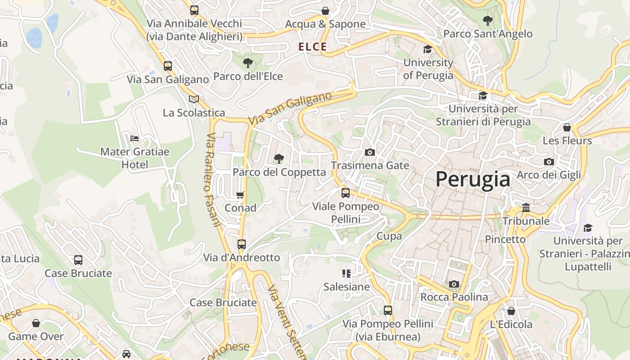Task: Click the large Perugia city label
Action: click(x=473, y=180)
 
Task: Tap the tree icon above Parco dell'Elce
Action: click(x=247, y=63)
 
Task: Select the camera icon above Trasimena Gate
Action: click(x=370, y=152)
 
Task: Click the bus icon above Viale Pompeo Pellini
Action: click(x=346, y=193)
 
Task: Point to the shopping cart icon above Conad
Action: click(x=240, y=195)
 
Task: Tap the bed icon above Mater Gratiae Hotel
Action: click(x=134, y=138)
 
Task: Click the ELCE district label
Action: click(x=313, y=46)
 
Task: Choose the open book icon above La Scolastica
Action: click(x=194, y=99)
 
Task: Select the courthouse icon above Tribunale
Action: click(x=526, y=207)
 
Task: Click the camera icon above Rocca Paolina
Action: click(x=454, y=284)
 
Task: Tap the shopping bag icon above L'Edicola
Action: click(x=511, y=311)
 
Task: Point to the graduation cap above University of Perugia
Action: click(x=427, y=49)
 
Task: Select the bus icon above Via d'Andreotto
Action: click(x=242, y=244)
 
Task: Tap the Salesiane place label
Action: click(x=346, y=287)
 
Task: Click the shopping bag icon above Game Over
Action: click(x=36, y=323)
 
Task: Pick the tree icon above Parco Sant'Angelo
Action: click(x=487, y=20)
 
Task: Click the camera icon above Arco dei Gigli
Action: click(x=549, y=162)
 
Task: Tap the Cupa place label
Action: click(x=389, y=236)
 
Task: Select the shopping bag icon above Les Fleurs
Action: click(x=567, y=127)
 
